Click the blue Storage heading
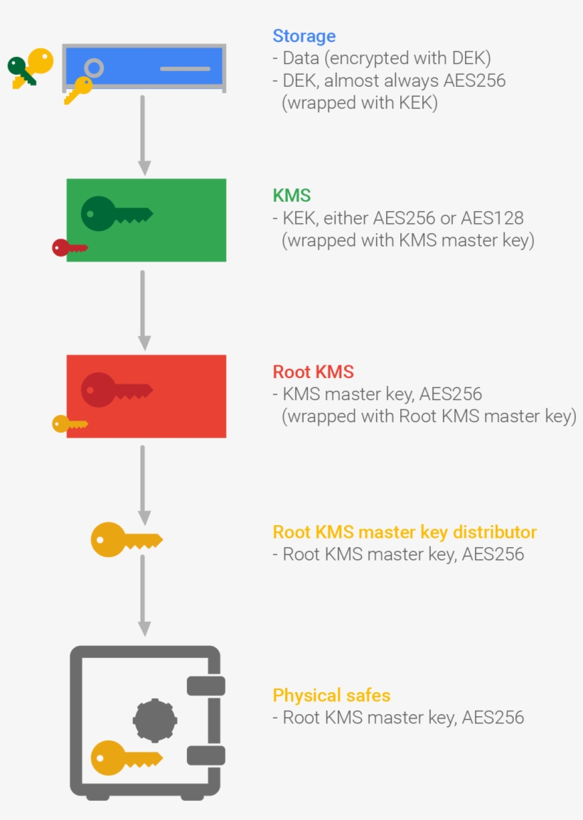coord(304,36)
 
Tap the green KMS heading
coord(291,195)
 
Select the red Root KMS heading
coord(313,372)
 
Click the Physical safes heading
coord(331,695)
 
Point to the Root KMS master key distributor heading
coord(405,532)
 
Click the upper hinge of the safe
coord(205,686)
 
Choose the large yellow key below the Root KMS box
coord(125,540)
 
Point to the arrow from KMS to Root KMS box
coord(144,310)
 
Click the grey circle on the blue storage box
coord(94,68)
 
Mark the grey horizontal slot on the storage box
coord(185,69)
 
